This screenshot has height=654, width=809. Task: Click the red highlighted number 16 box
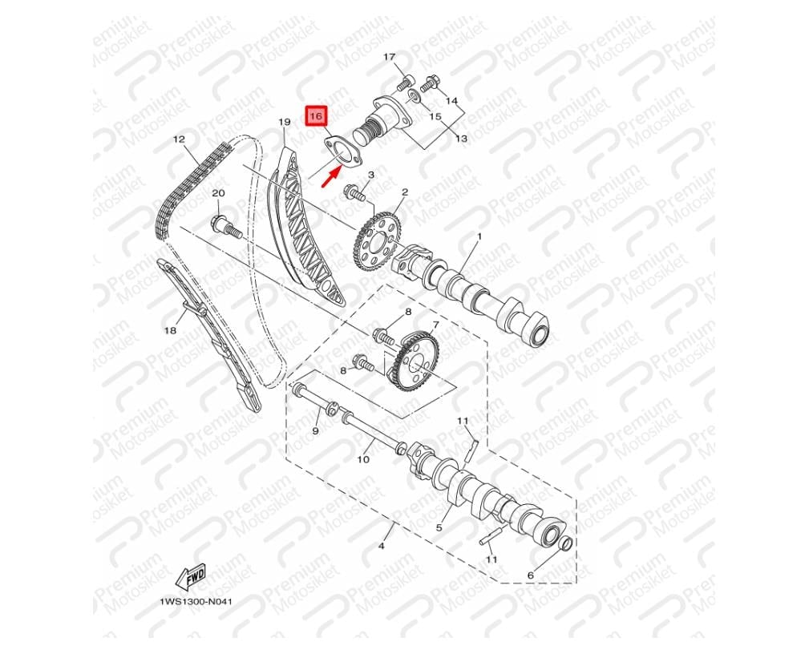tap(317, 116)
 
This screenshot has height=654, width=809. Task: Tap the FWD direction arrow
tap(190, 575)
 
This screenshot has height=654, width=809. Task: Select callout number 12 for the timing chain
tap(179, 139)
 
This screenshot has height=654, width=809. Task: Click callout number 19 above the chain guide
tap(285, 122)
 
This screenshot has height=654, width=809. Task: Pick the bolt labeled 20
tap(226, 227)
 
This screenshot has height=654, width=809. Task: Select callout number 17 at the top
tap(389, 56)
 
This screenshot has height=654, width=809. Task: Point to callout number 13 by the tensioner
tap(461, 138)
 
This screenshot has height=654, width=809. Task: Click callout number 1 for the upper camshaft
tap(479, 236)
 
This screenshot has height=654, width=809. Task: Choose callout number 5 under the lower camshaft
tap(439, 527)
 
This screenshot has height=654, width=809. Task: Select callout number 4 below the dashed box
tap(382, 546)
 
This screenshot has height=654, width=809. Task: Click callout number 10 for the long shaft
tap(363, 458)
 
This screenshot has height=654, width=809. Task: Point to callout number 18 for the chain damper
tap(170, 330)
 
